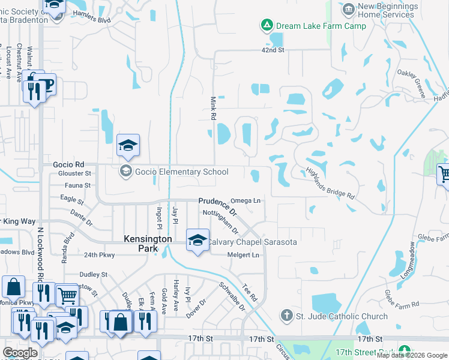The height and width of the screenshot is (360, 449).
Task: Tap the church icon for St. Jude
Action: pos(287,316)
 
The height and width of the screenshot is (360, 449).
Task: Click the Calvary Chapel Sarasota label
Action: pos(252,242)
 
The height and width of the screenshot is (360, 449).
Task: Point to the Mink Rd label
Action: pos(212,107)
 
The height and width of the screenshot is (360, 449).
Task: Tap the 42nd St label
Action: pos(273,50)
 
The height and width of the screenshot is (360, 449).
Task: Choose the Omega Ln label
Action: pos(247,200)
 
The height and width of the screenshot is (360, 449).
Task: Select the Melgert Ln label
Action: pos(243,255)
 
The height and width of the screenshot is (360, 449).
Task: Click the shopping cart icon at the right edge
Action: pos(444,175)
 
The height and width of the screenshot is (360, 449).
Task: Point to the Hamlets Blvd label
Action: pos(91,20)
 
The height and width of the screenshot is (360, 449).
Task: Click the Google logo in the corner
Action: pos(20,353)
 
